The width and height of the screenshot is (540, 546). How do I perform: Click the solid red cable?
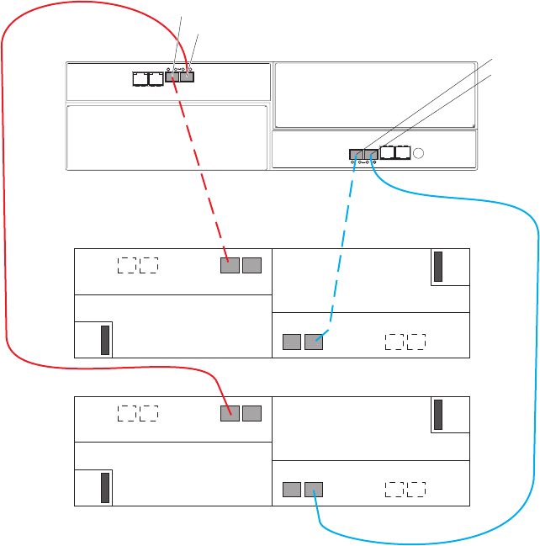7,252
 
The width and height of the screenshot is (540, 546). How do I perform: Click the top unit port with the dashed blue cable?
356,154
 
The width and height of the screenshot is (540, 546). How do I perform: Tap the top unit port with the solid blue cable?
370,154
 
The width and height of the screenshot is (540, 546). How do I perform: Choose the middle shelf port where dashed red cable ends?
230,266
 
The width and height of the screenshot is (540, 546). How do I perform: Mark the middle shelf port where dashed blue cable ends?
314,341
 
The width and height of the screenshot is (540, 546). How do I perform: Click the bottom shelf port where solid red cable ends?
230,412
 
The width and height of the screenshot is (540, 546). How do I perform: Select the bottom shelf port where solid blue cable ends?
314,488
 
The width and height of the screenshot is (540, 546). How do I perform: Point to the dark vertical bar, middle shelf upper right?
438,267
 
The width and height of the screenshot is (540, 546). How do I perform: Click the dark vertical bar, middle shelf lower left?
105,340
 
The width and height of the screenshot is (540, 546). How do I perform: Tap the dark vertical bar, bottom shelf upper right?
438,415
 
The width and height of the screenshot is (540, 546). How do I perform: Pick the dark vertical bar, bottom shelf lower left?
105,488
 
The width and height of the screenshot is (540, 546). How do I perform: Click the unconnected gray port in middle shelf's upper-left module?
251,266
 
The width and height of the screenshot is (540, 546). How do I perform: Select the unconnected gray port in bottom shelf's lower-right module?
291,488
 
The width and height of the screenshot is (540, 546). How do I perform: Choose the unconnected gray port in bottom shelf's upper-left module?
251,412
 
